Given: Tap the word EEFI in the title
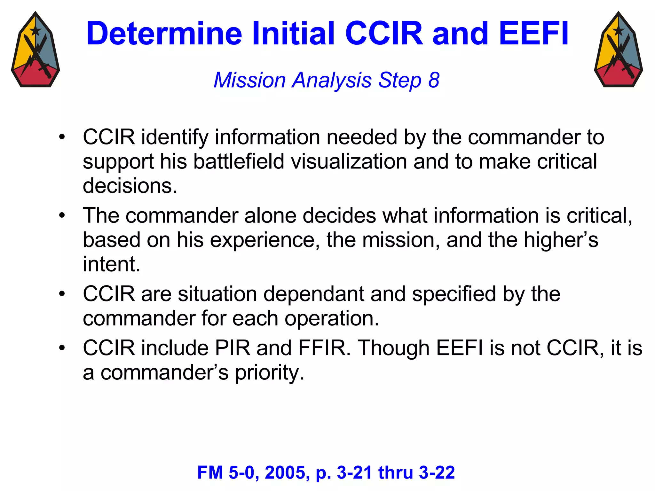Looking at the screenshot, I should (x=533, y=34).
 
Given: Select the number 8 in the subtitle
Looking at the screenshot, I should (x=434, y=80).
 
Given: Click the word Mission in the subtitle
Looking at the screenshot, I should (x=249, y=80).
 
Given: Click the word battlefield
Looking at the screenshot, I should (x=239, y=161).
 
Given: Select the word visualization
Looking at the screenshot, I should (x=349, y=161).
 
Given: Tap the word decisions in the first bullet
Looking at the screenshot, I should (x=130, y=186).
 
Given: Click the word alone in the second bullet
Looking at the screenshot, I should (x=270, y=215).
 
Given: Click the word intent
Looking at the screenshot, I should (x=111, y=264).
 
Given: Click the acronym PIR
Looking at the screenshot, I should (x=233, y=348).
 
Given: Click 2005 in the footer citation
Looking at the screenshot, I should (x=287, y=472).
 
